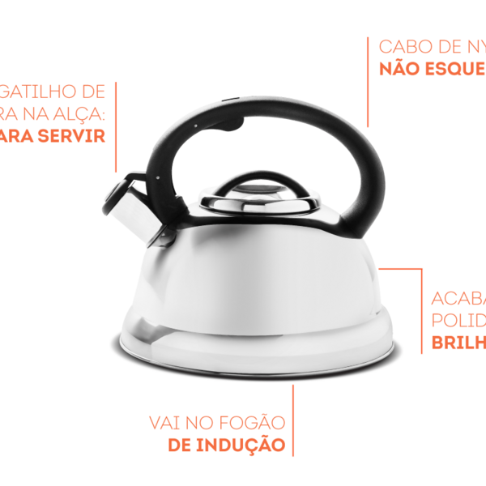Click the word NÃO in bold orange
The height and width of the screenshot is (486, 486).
(x=399, y=68)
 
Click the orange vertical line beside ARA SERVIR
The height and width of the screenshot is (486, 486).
(x=116, y=122)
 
